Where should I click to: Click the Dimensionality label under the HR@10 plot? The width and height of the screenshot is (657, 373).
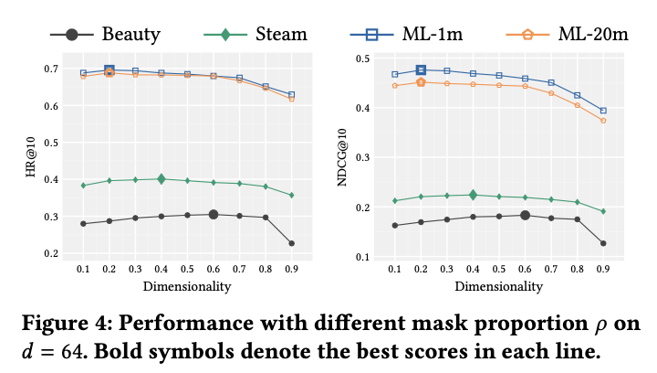coord(187,286)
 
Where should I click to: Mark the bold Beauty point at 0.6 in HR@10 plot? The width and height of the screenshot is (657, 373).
coord(214,215)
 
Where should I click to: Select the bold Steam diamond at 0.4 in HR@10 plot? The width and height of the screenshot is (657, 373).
coord(162,179)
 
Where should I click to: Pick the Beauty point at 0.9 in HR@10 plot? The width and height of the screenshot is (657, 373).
coord(291,243)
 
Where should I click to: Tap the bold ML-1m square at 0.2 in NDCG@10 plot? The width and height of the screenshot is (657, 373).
coord(421,69)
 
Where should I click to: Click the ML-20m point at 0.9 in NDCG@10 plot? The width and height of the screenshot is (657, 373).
coord(603,121)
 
